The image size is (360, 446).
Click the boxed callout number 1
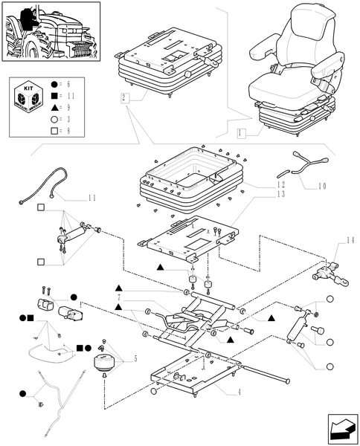pos(240,134)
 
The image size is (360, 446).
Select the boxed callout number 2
pos(124,97)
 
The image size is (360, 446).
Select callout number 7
pos(118,297)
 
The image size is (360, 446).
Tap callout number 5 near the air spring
pos(135,359)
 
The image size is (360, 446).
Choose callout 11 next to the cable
pos(91,198)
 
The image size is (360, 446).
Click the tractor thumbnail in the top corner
pos(51,31)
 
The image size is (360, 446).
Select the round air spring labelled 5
pos(105,366)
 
